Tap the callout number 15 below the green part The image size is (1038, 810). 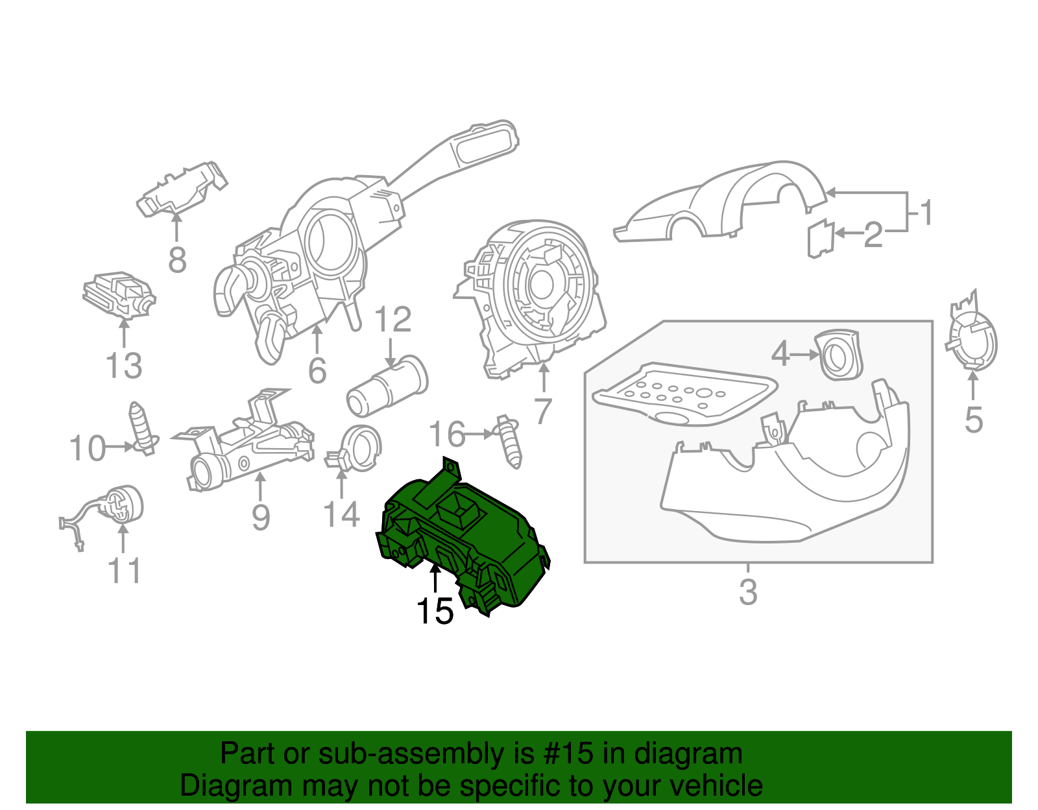[x=434, y=611]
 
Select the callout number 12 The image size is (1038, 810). [x=392, y=320]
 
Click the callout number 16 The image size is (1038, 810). [x=447, y=435]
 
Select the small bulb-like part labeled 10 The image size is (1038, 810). [x=142, y=429]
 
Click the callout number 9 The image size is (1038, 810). [x=260, y=517]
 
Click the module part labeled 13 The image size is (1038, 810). [x=119, y=295]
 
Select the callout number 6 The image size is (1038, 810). [x=317, y=370]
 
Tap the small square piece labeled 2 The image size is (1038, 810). [x=820, y=238]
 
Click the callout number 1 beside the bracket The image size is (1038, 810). [x=927, y=213]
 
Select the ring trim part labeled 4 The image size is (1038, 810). [x=839, y=355]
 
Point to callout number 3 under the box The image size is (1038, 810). [x=748, y=592]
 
